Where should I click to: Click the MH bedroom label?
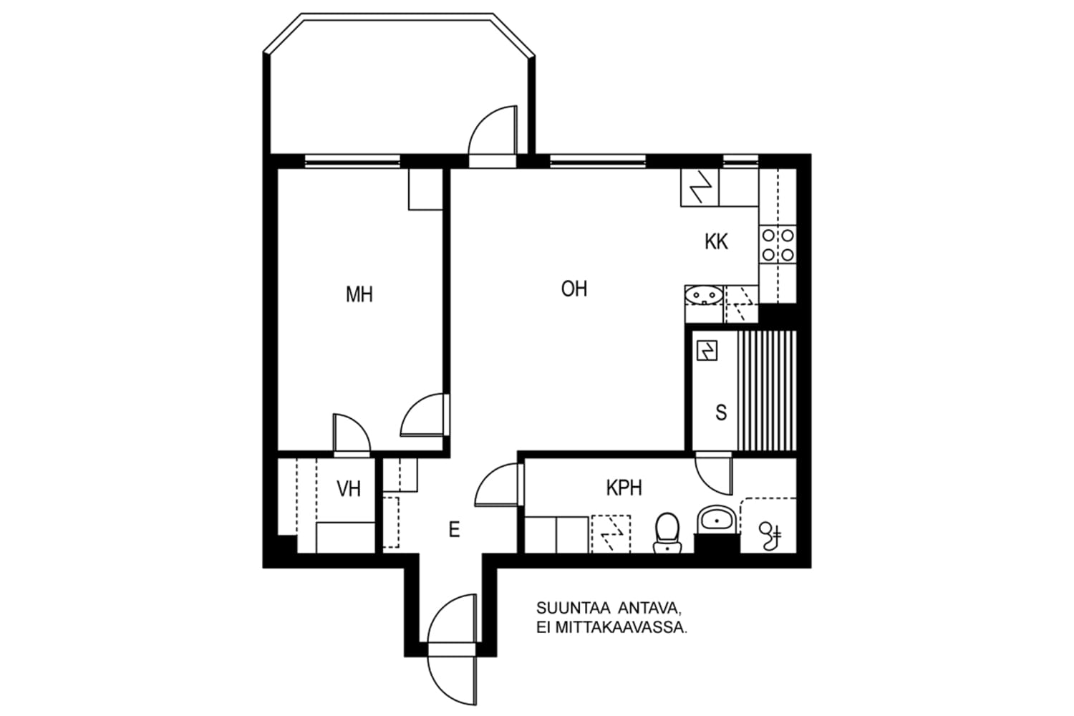(x=359, y=294)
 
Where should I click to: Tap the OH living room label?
(x=574, y=289)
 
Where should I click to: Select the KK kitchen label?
(x=716, y=241)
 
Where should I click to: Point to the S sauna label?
(x=721, y=412)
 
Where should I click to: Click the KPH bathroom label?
(x=624, y=488)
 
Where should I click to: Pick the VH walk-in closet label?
(x=349, y=489)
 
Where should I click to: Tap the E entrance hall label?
(x=454, y=530)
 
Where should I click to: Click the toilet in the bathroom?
(x=667, y=533)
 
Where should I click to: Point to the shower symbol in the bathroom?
(x=771, y=535)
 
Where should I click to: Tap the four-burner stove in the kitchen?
(x=778, y=244)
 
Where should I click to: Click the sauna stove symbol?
(x=707, y=351)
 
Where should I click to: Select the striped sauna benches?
(x=767, y=391)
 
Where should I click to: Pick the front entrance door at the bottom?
(x=452, y=648)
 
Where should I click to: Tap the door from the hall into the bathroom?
(x=498, y=485)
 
